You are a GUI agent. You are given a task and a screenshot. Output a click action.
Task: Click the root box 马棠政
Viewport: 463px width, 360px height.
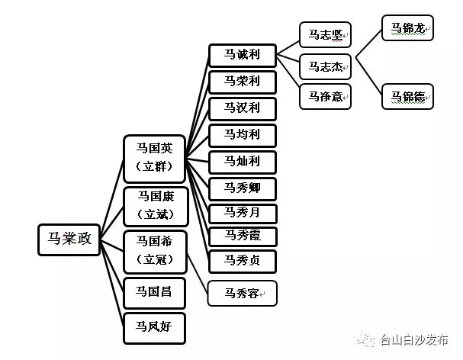pyautogui.click(x=69, y=238)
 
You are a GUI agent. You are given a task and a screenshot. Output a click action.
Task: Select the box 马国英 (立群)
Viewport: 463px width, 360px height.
pyautogui.click(x=155, y=158)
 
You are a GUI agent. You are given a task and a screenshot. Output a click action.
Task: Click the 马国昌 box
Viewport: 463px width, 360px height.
pyautogui.click(x=155, y=291)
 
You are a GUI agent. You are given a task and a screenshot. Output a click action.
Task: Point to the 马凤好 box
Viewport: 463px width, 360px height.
pyautogui.click(x=155, y=327)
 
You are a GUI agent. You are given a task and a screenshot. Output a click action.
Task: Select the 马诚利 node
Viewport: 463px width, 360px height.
pyautogui.click(x=243, y=55)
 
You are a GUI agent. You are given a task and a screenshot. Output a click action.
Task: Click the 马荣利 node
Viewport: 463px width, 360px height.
pyautogui.click(x=243, y=81)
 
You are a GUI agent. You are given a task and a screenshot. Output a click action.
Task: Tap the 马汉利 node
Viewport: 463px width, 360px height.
pyautogui.click(x=243, y=108)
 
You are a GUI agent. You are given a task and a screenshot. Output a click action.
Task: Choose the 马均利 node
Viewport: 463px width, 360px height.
pyautogui.click(x=243, y=135)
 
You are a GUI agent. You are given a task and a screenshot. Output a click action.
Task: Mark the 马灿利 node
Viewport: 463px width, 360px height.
pyautogui.click(x=243, y=162)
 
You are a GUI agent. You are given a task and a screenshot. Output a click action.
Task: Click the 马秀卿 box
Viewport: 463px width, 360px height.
pyautogui.click(x=243, y=188)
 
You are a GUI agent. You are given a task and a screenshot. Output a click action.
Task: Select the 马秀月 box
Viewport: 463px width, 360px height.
pyautogui.click(x=243, y=213)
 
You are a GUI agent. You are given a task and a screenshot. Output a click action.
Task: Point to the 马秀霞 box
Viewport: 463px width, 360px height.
pyautogui.click(x=243, y=236)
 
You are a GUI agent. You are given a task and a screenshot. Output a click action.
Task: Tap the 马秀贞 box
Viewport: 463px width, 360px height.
pyautogui.click(x=243, y=261)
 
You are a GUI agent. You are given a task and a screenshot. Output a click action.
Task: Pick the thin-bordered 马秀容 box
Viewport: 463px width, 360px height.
pyautogui.click(x=243, y=292)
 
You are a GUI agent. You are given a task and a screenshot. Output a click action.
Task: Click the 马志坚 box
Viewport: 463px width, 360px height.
pyautogui.click(x=326, y=34)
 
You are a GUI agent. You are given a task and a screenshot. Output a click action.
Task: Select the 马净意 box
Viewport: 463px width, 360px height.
pyautogui.click(x=326, y=96)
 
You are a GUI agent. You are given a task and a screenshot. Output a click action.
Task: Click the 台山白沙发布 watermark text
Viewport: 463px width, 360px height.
pyautogui.click(x=415, y=341)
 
